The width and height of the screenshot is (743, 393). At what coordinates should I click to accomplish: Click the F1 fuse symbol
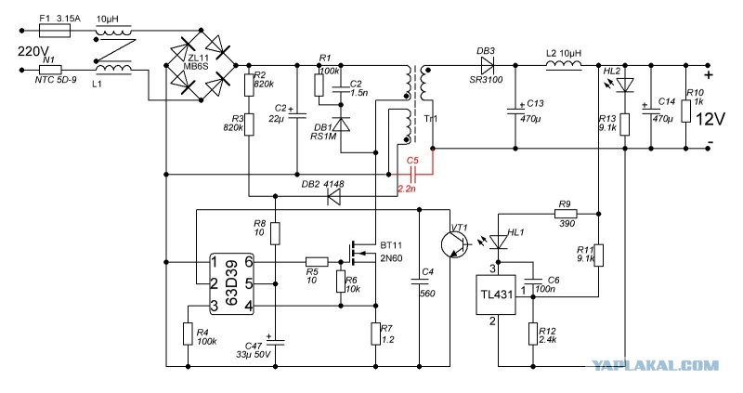[55, 32]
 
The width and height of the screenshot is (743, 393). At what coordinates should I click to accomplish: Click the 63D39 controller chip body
[231, 283]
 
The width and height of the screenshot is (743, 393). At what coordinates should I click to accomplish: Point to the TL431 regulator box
[496, 295]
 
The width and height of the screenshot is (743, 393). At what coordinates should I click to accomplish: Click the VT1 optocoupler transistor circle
[454, 244]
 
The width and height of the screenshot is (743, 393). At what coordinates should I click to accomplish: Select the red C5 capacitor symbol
[413, 175]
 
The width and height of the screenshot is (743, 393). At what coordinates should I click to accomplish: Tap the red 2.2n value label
[407, 189]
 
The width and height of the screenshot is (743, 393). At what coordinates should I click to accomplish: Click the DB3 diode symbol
[487, 65]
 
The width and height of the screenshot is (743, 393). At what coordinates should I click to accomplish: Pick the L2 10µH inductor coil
[565, 65]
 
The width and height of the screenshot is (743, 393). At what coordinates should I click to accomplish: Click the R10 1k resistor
[686, 111]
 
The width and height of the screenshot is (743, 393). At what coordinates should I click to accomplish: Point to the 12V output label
[710, 119]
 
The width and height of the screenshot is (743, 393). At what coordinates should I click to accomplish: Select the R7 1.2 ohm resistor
[376, 334]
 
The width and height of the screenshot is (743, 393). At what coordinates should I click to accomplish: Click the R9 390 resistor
[566, 215]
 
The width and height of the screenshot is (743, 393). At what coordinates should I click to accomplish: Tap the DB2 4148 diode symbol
[335, 196]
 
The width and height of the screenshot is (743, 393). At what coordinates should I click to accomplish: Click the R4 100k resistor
[189, 334]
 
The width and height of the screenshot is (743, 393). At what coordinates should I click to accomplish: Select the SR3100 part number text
[486, 80]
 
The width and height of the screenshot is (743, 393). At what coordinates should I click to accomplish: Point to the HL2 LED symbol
[625, 85]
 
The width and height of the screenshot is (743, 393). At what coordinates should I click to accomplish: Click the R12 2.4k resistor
[532, 334]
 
